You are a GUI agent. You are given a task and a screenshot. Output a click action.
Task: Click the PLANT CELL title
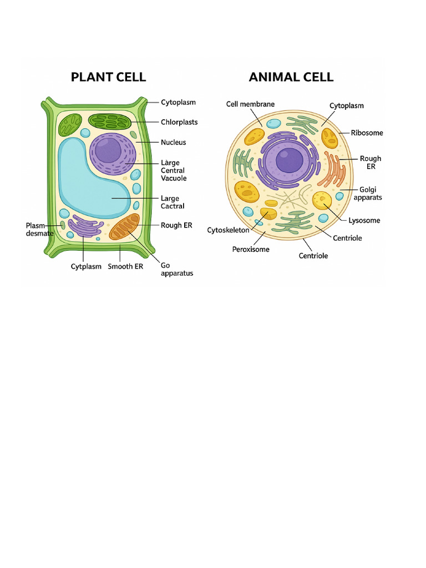[108, 77]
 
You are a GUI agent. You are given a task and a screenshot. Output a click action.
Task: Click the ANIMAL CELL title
[291, 77]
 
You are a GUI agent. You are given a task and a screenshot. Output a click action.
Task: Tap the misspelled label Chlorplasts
[179, 122]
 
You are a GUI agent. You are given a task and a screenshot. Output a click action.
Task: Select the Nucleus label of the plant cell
[173, 143]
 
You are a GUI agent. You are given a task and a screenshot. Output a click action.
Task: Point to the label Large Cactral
[173, 202]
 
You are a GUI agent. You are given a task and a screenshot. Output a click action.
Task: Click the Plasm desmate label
[39, 230]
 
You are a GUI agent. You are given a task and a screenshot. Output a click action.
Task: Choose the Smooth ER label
[125, 267]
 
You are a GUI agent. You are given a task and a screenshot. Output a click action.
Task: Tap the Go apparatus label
[176, 269]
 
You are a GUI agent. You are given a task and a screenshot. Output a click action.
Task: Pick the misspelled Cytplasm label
[86, 267]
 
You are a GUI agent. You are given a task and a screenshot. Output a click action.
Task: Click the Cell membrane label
[250, 104]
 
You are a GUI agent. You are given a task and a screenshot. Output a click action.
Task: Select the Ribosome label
[367, 133]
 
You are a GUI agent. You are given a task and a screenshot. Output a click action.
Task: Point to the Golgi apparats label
[367, 194]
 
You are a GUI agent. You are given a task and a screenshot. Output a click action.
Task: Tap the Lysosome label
[364, 221]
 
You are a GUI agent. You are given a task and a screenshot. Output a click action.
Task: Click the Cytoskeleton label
[228, 230]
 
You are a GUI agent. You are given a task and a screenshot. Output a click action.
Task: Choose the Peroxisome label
[251, 250]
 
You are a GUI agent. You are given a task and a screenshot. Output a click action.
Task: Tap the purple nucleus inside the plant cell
[112, 153]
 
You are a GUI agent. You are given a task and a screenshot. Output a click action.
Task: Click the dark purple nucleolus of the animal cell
[290, 161]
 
